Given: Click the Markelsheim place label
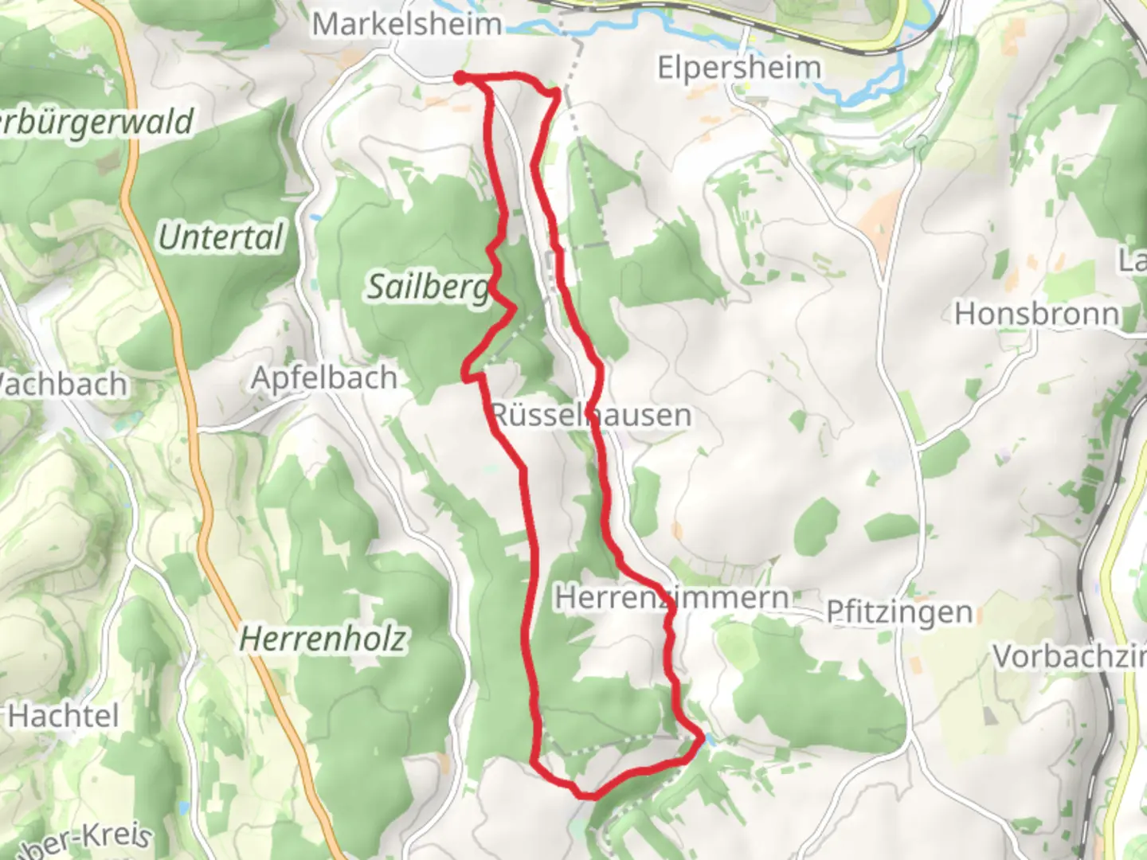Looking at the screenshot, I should (406, 24).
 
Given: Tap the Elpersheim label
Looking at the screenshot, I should (738, 68).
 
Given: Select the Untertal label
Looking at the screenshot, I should (221, 237).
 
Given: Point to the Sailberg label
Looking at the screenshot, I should (428, 286).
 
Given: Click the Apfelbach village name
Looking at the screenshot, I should (324, 377).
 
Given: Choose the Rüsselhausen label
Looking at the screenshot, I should (590, 415).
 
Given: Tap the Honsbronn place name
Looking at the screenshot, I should (1037, 314).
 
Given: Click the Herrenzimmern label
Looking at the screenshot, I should (672, 597).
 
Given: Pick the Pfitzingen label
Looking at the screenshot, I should (899, 612).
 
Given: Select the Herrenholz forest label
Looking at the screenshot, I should (323, 639).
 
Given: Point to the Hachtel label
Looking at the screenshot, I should (64, 716).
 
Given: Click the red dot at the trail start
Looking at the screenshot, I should (460, 77).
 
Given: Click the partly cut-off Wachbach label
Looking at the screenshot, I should (63, 385).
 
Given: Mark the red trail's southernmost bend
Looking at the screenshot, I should (588, 795).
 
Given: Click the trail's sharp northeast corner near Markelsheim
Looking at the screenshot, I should (555, 94).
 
